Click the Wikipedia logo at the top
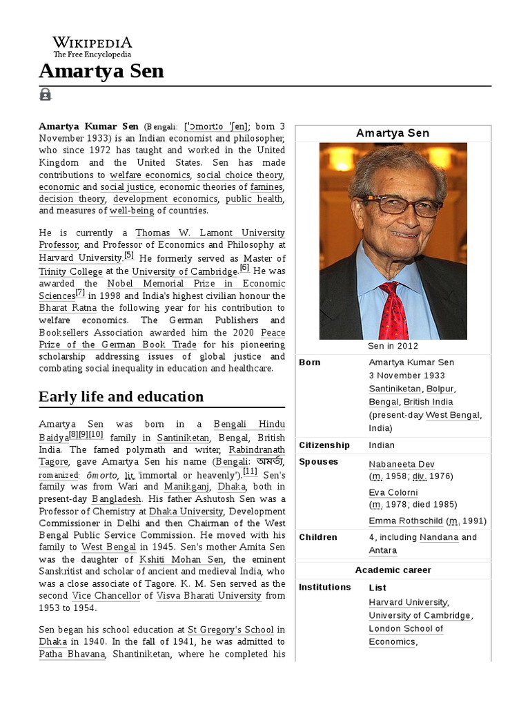click(x=92, y=47)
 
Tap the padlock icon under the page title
click(x=46, y=95)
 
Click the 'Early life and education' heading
click(x=121, y=396)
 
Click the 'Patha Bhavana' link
click(x=71, y=655)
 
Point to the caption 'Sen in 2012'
click(x=393, y=346)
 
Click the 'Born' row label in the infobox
click(x=310, y=362)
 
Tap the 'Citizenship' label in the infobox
click(x=324, y=445)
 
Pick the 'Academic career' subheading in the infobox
click(x=393, y=570)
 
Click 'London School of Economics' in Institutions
click(x=406, y=635)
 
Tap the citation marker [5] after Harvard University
click(x=129, y=255)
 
